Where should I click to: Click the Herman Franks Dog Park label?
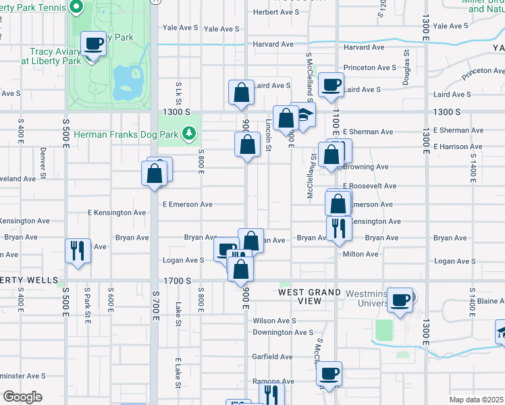[126, 135]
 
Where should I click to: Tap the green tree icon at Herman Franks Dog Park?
[190, 135]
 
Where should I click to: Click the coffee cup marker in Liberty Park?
[94, 45]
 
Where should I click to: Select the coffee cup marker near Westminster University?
[400, 299]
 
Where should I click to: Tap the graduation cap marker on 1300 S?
[303, 115]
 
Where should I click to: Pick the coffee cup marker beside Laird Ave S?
[330, 85]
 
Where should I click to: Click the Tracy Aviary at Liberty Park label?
[42, 55]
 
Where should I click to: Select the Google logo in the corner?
[22, 397]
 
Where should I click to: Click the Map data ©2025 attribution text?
[476, 400]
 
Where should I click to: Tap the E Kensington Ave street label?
[117, 213]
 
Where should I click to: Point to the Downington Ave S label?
[283, 332]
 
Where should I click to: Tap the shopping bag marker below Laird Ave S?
[241, 93]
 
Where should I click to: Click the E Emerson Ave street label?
[187, 205]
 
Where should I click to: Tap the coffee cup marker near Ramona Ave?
[329, 374]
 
